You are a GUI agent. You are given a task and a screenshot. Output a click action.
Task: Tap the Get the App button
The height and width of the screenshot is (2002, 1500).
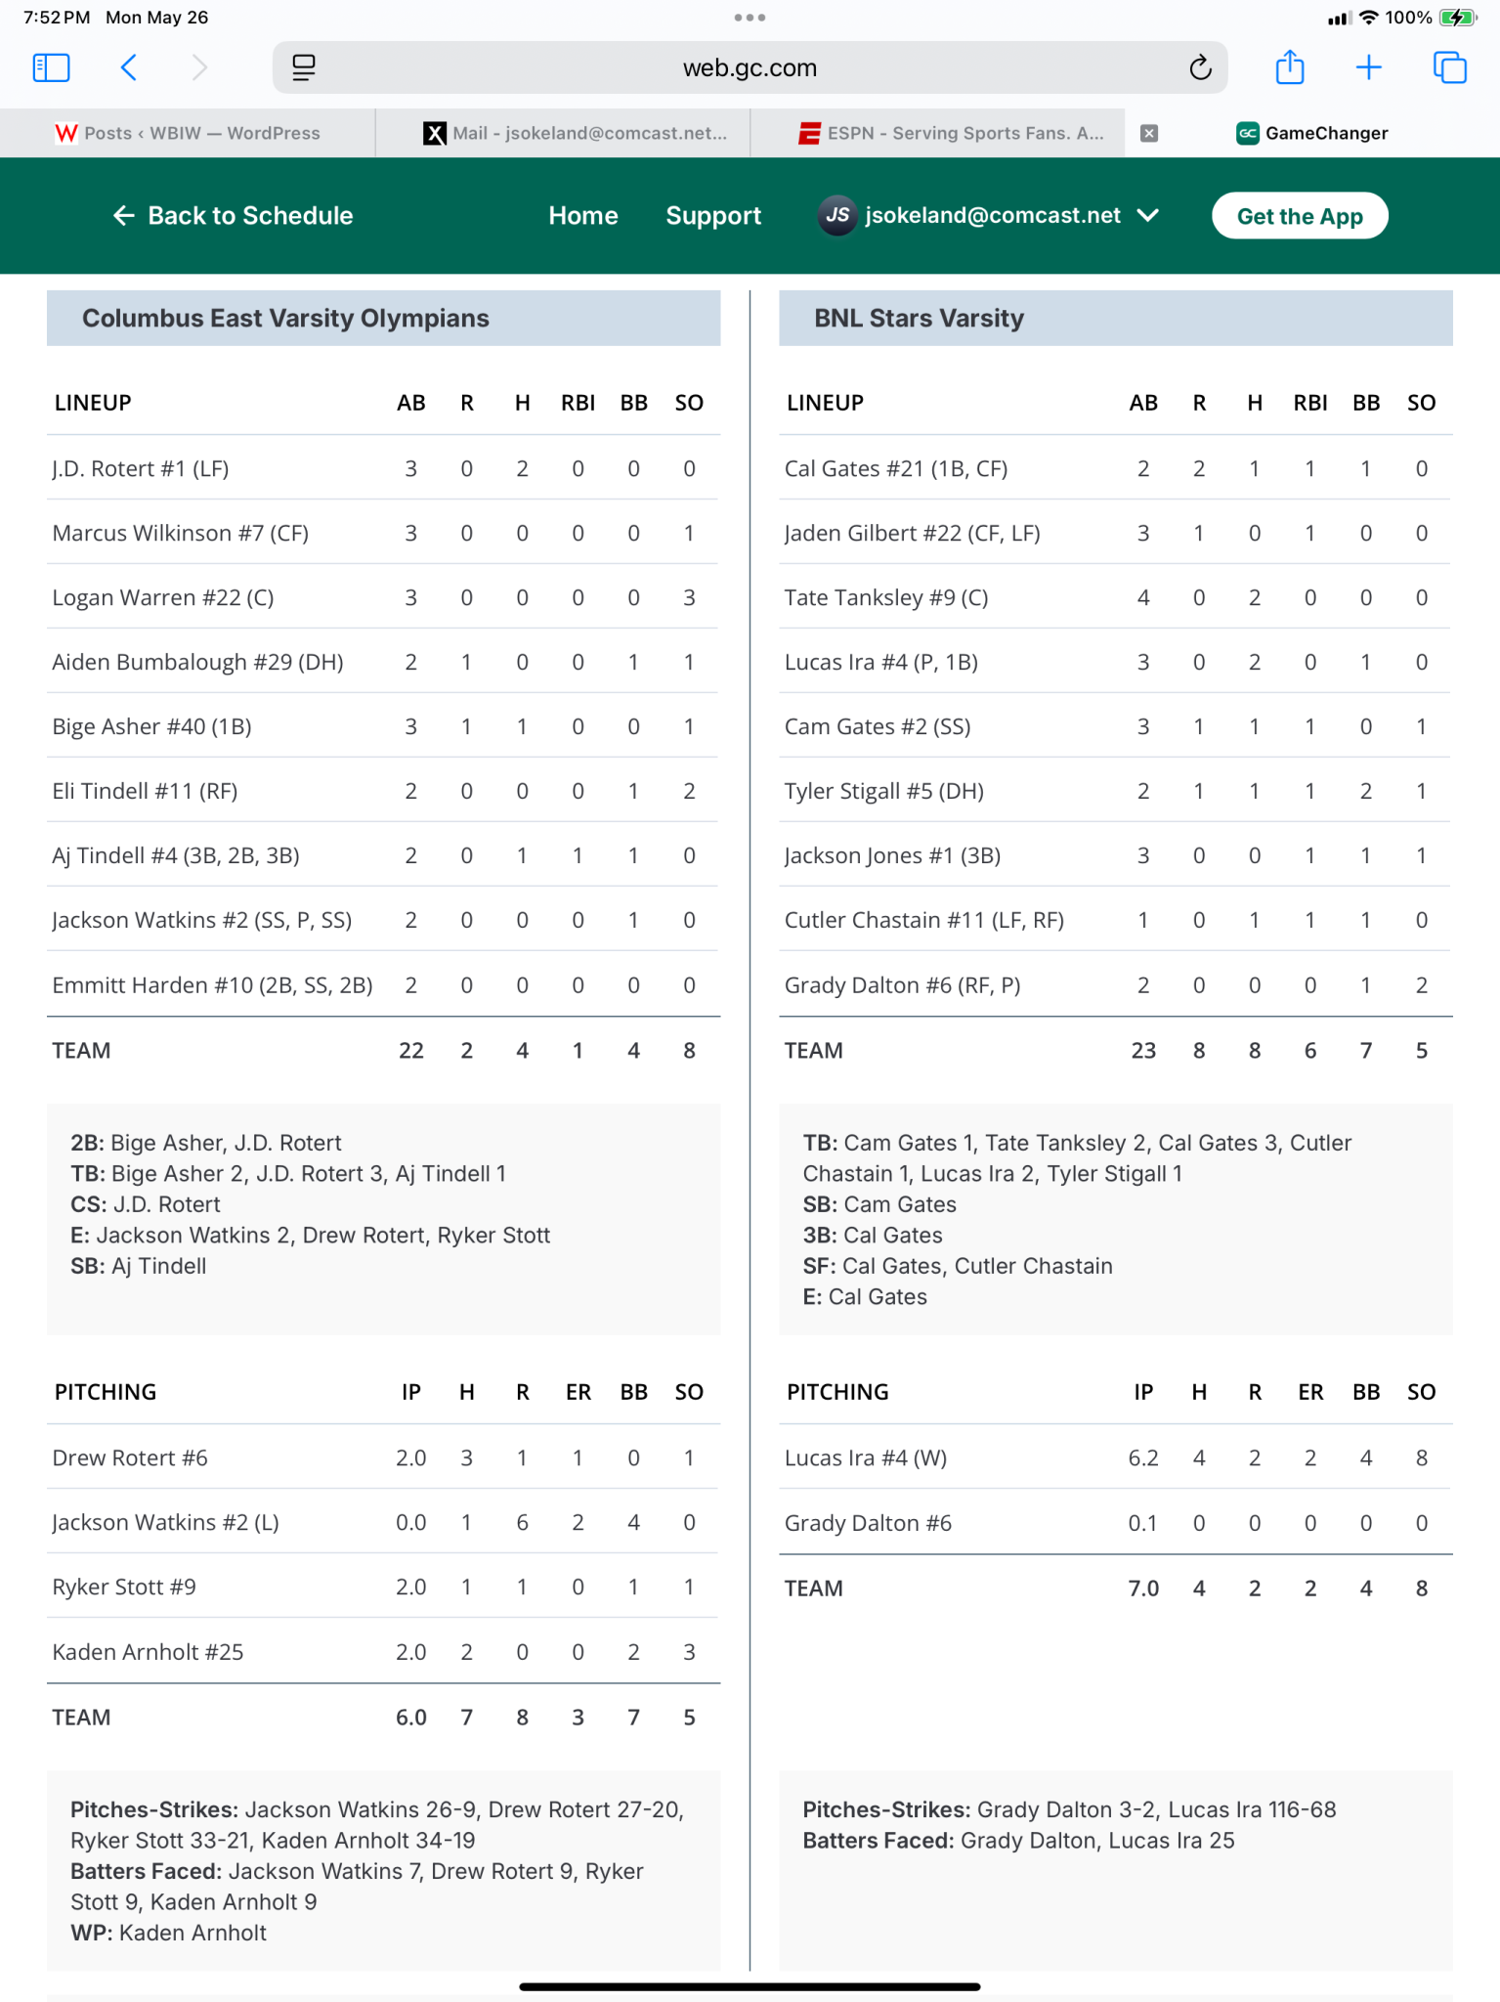1299,216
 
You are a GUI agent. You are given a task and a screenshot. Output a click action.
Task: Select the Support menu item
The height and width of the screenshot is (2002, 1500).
713,216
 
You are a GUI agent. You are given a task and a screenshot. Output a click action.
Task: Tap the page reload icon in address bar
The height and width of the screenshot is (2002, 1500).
1200,67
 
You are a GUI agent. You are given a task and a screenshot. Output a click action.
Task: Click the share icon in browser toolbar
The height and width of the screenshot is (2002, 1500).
1290,67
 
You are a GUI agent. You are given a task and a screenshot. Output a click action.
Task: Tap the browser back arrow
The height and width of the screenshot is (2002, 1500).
129,67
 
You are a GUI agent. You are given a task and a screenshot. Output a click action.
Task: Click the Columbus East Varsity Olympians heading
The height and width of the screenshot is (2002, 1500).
285,319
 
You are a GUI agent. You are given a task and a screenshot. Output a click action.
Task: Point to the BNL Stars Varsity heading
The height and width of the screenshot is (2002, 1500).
919,319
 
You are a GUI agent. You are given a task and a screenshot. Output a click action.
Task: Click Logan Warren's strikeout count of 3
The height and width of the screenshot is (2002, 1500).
689,597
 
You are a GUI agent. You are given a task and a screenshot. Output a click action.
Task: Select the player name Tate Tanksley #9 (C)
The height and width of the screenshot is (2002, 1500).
886,597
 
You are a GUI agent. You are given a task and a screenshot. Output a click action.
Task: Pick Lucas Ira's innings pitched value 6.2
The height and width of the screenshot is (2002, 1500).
1142,1458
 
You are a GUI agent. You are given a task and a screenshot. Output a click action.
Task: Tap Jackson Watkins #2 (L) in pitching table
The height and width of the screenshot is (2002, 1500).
166,1522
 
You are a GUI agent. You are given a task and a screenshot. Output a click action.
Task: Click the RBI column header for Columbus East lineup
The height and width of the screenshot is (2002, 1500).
578,403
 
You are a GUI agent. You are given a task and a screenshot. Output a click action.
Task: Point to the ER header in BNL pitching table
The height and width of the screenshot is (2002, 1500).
1309,1392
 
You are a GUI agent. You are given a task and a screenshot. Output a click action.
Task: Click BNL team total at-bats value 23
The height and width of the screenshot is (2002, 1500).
1142,1051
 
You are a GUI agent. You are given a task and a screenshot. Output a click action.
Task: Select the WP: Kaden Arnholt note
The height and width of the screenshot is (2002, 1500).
168,1933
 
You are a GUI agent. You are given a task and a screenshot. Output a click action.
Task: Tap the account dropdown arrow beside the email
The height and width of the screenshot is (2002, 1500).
1148,215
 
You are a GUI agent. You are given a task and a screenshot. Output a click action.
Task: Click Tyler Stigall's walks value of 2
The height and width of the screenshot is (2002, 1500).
1365,791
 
